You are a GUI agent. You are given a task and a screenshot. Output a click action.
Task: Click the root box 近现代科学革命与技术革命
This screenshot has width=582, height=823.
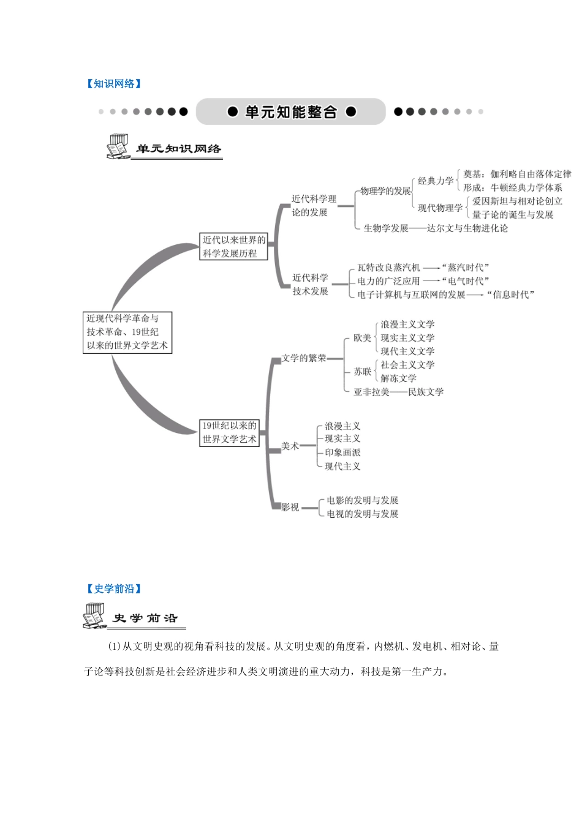[x=127, y=332]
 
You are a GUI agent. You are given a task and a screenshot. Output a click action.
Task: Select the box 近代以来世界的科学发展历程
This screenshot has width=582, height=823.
[x=234, y=246]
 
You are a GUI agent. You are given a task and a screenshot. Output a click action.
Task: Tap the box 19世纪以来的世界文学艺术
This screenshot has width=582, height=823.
[x=230, y=432]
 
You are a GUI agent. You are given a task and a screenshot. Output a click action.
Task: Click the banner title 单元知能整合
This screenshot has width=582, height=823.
[x=291, y=112]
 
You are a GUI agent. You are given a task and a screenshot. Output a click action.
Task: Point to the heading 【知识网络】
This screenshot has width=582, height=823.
[x=114, y=84]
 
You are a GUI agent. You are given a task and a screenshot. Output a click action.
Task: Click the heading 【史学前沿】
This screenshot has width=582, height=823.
[x=114, y=589]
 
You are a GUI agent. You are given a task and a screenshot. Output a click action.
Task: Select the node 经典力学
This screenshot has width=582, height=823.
[x=436, y=181]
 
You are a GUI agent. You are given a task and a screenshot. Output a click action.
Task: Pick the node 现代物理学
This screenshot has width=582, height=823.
[x=440, y=208]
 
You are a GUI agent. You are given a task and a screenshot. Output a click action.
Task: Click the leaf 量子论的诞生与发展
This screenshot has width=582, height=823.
[x=513, y=215]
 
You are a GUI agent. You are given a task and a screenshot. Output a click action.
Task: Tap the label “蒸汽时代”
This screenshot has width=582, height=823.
[x=466, y=268]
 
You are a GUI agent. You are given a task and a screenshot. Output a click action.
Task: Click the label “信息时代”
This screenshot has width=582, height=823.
[x=511, y=295]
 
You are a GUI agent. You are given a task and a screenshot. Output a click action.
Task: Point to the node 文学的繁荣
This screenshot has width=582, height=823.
[x=304, y=358]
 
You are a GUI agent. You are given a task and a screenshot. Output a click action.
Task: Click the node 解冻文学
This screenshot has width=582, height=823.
[x=398, y=378]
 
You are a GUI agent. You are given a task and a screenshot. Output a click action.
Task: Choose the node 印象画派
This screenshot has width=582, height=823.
[x=342, y=453]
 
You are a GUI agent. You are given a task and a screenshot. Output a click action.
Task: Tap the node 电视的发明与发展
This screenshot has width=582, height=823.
[x=363, y=514]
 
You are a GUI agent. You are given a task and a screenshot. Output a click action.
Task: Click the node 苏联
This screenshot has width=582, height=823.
[x=362, y=372]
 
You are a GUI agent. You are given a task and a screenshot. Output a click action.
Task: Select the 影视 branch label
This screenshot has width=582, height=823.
[x=290, y=507]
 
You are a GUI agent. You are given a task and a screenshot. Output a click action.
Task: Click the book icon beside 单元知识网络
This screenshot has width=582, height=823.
[x=118, y=147]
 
